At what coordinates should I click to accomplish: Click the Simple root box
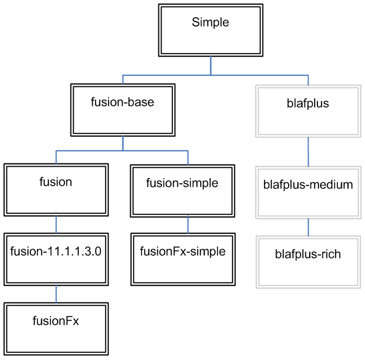(210, 30)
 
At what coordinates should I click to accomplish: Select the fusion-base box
(123, 109)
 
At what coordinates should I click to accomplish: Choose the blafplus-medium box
(308, 192)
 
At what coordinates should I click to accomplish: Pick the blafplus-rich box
(308, 261)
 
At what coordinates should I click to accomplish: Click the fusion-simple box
(182, 190)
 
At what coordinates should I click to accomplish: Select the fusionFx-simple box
(182, 258)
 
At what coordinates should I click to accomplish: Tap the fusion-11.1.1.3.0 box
(56, 258)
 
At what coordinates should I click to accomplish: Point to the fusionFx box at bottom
(56, 328)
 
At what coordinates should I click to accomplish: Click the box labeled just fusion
(56, 190)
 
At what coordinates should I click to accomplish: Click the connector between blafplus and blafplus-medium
(309, 151)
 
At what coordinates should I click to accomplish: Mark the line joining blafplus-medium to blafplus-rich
(309, 227)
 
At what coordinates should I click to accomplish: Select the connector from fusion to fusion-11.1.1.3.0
(56, 224)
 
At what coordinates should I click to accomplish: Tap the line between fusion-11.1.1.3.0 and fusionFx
(56, 293)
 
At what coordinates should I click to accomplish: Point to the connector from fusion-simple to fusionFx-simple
(188, 225)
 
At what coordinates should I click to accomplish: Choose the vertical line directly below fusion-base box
(123, 143)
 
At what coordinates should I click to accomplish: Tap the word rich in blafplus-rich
(330, 254)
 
